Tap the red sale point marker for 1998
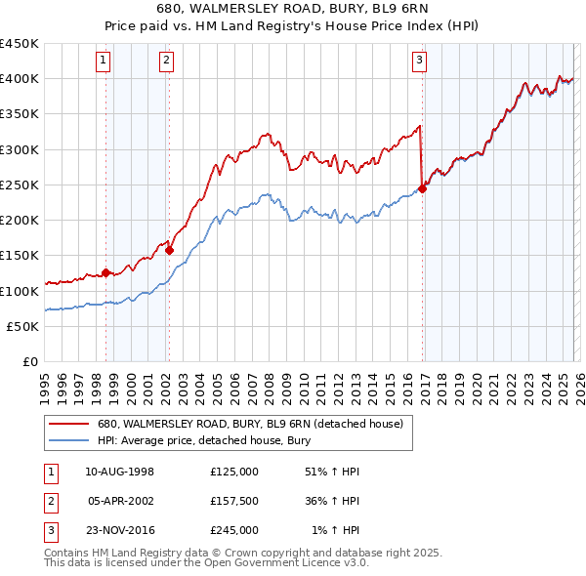[x=105, y=273]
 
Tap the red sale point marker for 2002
[x=169, y=250]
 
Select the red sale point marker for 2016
[x=423, y=188]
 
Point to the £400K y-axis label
[x=20, y=79]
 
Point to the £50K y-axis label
[x=23, y=326]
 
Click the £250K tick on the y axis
[x=20, y=185]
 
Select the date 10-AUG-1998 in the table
[x=120, y=472]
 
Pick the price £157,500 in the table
[x=234, y=501]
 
